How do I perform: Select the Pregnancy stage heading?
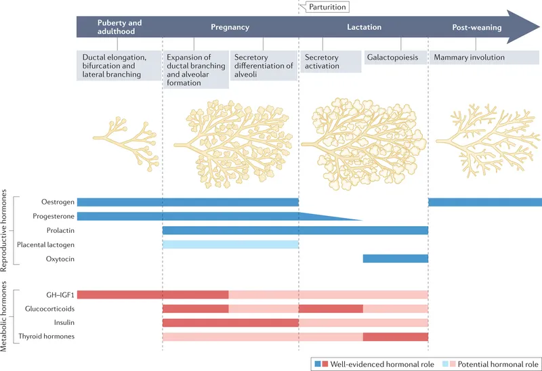[230, 27]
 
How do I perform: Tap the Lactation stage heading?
[364, 27]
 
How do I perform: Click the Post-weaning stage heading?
[476, 27]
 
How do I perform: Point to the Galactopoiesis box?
[393, 58]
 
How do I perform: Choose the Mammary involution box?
[469, 58]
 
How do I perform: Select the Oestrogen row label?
[56, 202]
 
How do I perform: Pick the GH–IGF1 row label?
[58, 294]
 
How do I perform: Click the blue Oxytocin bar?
[396, 259]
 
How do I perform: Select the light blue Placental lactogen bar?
[230, 244]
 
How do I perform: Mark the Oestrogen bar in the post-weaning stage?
[485, 202]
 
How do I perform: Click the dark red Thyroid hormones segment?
[396, 336]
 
